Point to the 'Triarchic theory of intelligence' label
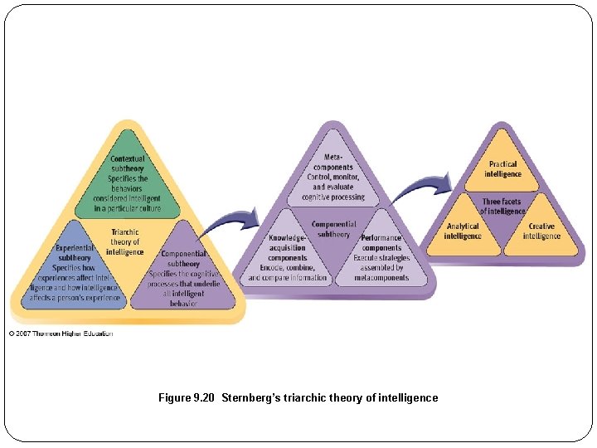pyautogui.click(x=125, y=241)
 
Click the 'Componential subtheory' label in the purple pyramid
pyautogui.click(x=334, y=229)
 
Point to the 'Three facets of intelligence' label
pyautogui.click(x=503, y=206)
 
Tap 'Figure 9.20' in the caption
pyautogui.click(x=186, y=398)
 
